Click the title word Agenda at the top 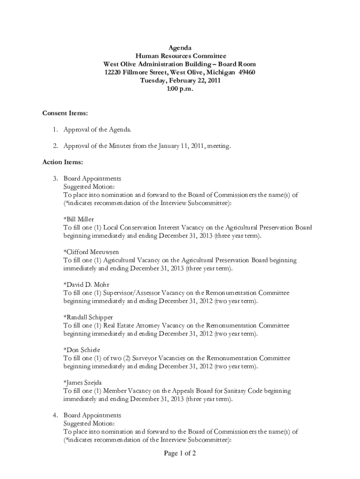(x=180, y=48)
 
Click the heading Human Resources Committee (x=180, y=56)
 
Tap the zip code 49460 (x=245, y=72)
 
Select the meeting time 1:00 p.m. (x=180, y=88)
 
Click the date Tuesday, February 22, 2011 (x=180, y=80)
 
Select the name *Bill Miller (x=79, y=219)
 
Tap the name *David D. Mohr (x=86, y=285)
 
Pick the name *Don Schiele (x=82, y=350)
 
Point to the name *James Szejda (x=83, y=383)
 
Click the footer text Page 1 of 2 (x=180, y=453)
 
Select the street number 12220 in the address (x=114, y=72)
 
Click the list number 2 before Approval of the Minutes (x=55, y=146)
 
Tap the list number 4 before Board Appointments (x=55, y=415)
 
